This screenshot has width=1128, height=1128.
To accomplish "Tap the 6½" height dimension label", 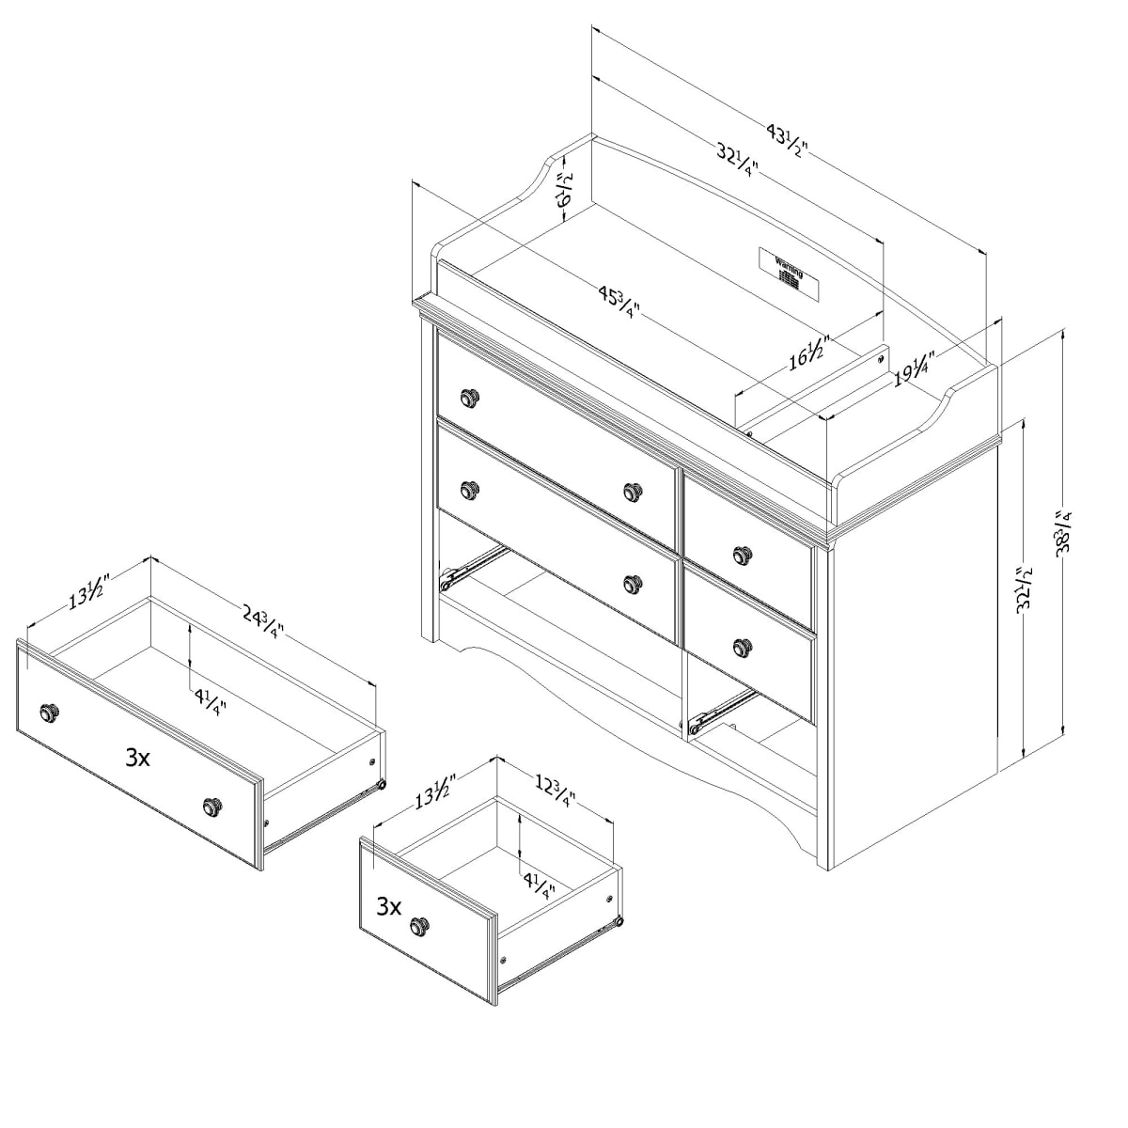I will pyautogui.click(x=565, y=188).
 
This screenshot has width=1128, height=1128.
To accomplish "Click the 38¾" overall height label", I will pyautogui.click(x=1064, y=534).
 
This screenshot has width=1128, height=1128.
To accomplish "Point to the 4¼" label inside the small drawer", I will pyautogui.click(x=539, y=885).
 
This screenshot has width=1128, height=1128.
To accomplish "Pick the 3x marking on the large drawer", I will pyautogui.click(x=137, y=758).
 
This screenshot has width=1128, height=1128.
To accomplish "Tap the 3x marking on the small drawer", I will pyautogui.click(x=389, y=907).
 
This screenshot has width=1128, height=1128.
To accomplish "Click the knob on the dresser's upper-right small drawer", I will pyautogui.click(x=743, y=554).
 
